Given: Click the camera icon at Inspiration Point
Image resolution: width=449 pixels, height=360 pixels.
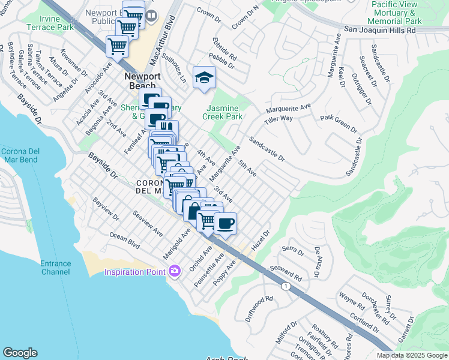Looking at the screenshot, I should [175, 272].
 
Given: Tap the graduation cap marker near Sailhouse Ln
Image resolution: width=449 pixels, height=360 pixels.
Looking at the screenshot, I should [204, 77].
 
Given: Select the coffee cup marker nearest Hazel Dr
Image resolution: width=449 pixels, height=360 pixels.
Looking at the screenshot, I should [225, 224].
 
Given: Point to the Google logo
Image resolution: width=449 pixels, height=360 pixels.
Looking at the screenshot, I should [20, 352].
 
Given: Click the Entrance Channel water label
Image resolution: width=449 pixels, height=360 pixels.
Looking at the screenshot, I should [55, 268].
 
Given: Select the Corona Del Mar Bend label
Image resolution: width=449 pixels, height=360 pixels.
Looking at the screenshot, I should [19, 155].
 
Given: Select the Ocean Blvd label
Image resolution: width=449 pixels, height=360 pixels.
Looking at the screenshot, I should [124, 241].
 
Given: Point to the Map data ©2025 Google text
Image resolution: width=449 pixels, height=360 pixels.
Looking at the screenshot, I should [411, 355].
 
